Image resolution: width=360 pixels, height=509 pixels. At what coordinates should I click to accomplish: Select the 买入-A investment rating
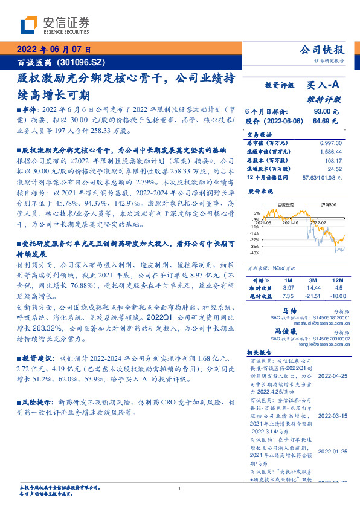[323, 86]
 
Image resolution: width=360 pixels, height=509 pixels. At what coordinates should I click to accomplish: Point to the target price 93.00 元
[326, 112]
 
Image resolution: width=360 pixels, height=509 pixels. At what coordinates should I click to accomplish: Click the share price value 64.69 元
[326, 122]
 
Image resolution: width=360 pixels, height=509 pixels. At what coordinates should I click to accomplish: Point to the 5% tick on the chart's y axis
[257, 213]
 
